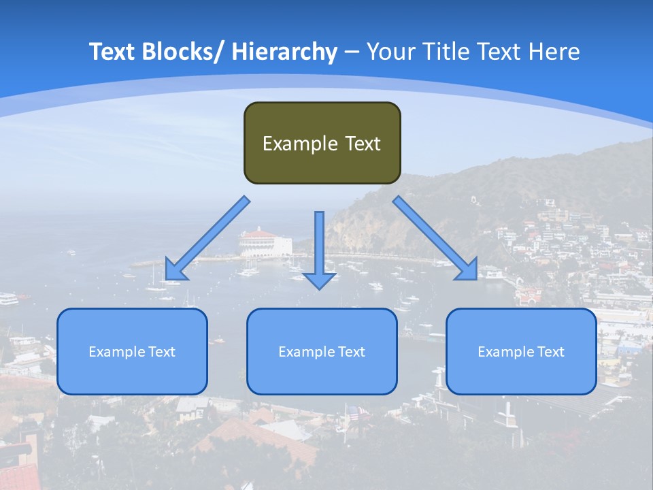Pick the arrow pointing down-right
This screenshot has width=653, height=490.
(435, 238)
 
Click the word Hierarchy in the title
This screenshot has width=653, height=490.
(284, 52)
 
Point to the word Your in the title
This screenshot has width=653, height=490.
(389, 52)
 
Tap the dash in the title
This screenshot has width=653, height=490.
(352, 52)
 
